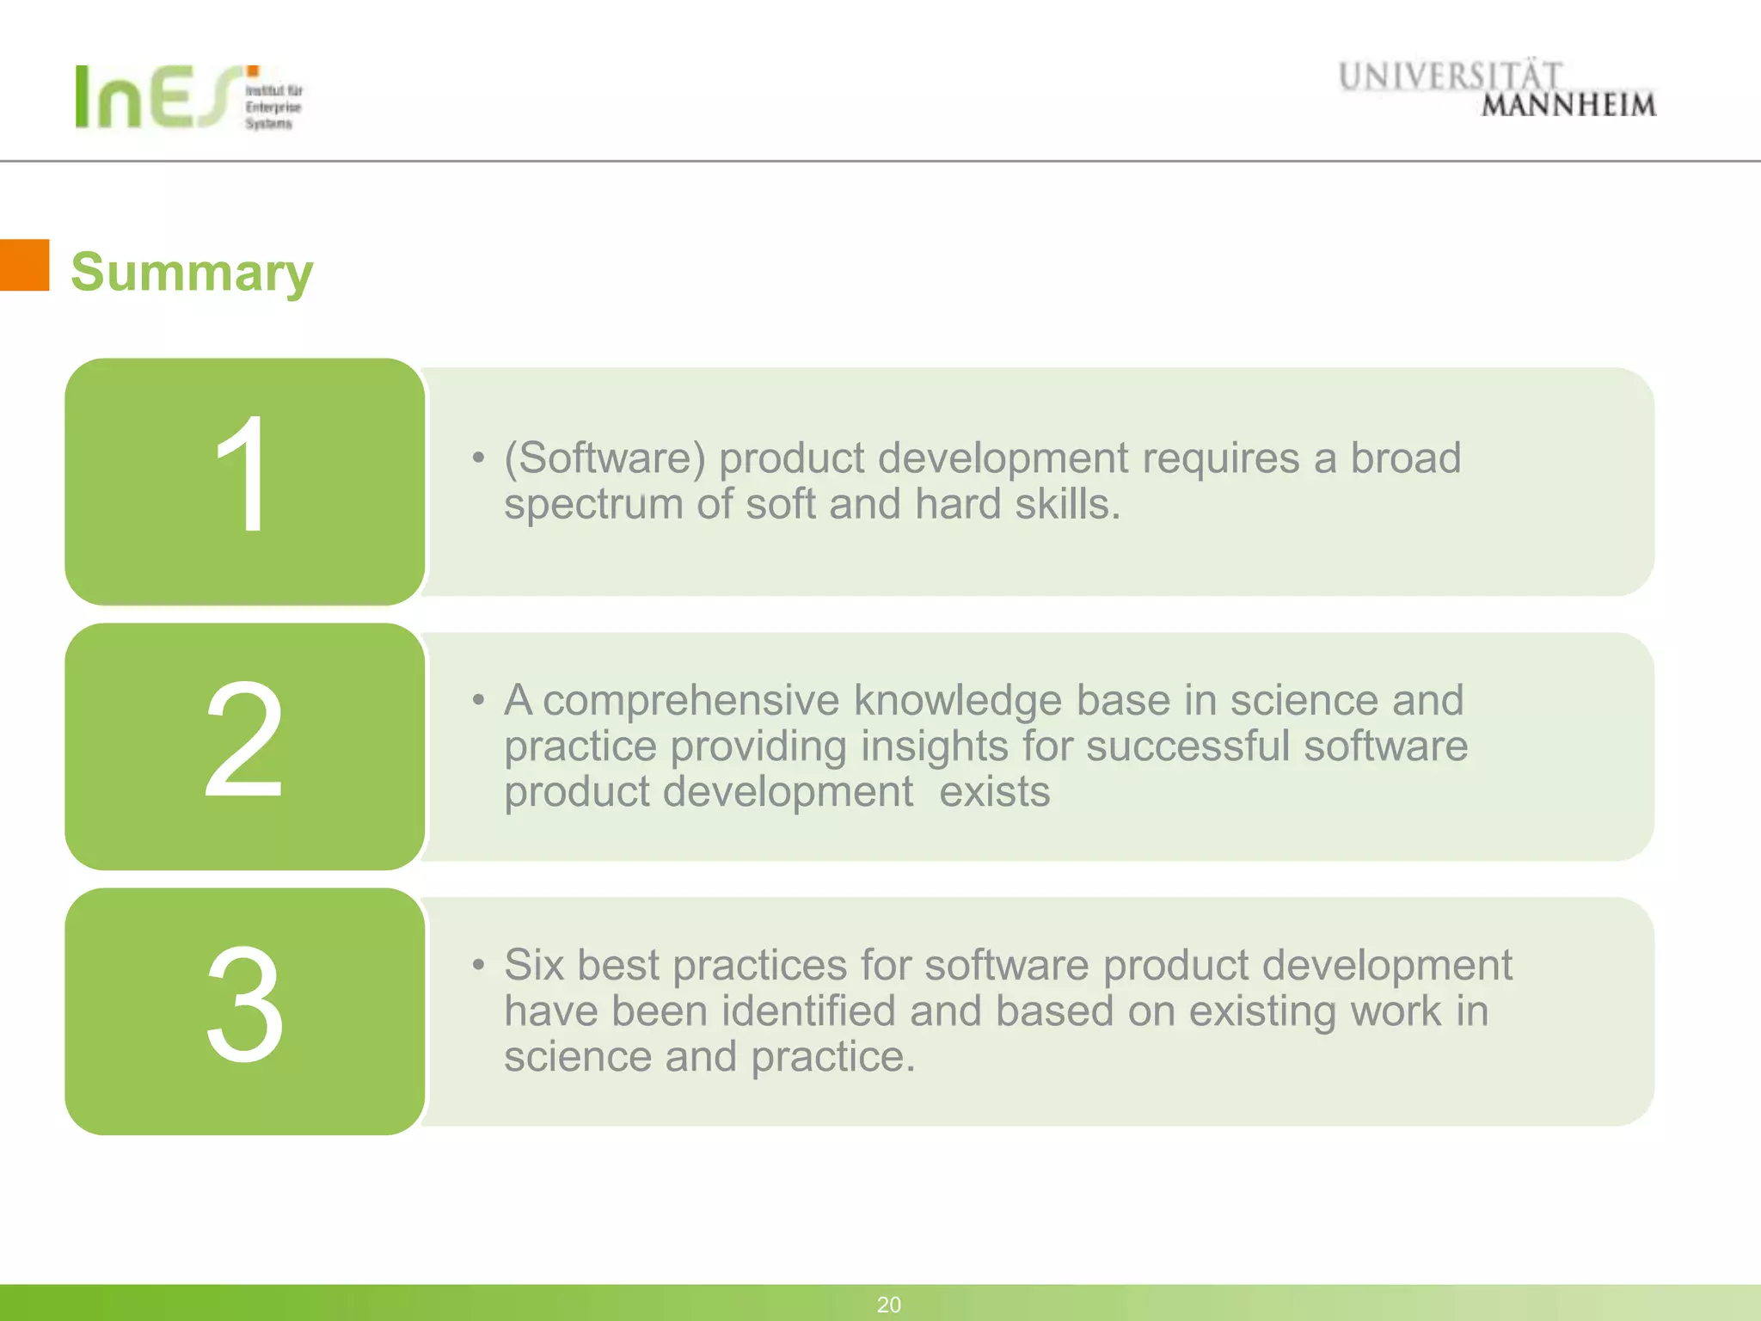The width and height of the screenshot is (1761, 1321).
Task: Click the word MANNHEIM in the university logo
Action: (1568, 106)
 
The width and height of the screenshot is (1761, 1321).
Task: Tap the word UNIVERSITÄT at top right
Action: (1450, 77)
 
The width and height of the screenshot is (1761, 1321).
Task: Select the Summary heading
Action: (192, 272)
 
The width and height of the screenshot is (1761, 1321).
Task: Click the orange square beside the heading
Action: (24, 265)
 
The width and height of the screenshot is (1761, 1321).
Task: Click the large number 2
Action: (243, 740)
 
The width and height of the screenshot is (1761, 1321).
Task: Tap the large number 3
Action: (244, 1005)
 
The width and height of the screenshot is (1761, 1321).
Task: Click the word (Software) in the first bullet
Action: (604, 458)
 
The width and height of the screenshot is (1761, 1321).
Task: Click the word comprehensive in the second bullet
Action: (690, 701)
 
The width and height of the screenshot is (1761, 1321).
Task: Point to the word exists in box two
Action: (994, 791)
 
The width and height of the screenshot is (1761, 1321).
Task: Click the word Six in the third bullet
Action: (534, 965)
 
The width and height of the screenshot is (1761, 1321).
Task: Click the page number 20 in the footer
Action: (888, 1305)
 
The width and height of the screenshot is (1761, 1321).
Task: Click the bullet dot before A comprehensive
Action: (478, 700)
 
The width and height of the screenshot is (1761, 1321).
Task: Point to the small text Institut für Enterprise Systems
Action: (273, 108)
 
